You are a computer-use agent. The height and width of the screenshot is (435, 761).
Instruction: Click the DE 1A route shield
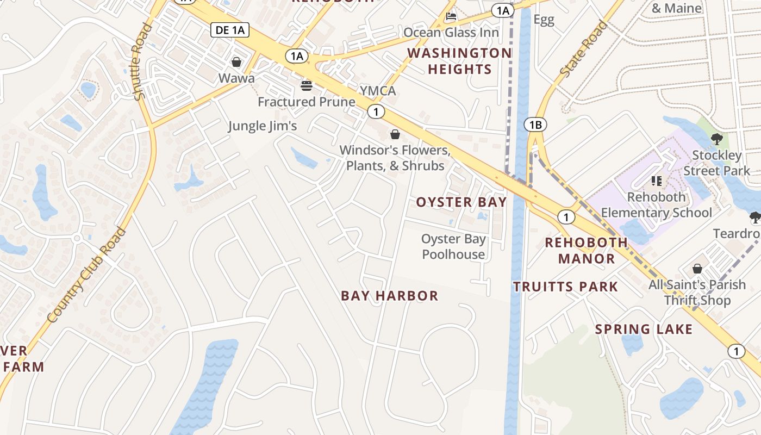230,30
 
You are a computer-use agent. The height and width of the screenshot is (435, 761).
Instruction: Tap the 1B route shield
535,125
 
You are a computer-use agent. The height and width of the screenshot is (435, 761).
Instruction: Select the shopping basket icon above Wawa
236,62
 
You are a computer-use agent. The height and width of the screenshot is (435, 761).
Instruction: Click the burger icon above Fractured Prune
307,85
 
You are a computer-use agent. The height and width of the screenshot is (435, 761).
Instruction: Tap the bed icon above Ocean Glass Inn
451,17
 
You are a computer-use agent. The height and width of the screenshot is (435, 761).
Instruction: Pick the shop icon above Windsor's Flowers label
395,134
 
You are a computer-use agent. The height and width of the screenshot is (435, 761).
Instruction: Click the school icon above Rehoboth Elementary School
656,181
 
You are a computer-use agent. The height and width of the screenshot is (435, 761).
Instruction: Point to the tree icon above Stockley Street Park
716,139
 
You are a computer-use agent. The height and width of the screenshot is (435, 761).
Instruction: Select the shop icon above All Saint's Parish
697,269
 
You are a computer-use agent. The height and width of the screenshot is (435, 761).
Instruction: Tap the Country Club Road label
87,275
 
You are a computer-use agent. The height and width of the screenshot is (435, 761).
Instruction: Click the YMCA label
378,90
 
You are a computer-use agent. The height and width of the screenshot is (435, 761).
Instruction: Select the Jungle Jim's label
263,126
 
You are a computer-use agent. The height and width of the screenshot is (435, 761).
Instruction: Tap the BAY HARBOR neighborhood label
389,296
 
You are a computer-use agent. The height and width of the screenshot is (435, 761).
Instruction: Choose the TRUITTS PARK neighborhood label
565,287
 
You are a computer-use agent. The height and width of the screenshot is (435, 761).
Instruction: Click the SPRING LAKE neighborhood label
644,329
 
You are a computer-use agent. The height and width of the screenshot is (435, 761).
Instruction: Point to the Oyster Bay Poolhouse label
454,246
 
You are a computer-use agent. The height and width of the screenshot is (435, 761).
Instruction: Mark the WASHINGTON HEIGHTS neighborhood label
460,61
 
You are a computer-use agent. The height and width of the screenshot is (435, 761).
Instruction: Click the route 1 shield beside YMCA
376,112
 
